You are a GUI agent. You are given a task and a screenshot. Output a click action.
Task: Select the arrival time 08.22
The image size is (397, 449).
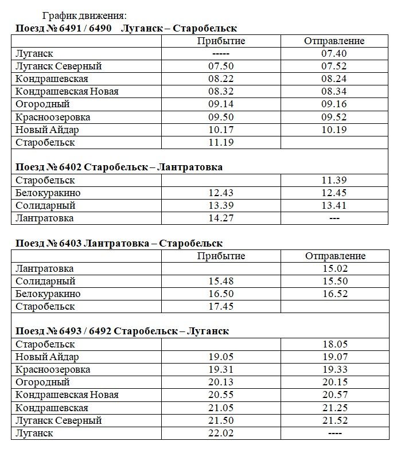[x=221, y=79]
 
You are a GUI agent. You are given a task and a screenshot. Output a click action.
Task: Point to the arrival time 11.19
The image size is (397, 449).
[x=221, y=142]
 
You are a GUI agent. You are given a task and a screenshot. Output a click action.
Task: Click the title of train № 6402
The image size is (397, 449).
[x=119, y=167]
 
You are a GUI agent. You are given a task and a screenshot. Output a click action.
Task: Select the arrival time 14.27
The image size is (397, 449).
[x=221, y=218]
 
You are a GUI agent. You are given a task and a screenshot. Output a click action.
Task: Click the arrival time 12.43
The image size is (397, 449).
[x=221, y=193]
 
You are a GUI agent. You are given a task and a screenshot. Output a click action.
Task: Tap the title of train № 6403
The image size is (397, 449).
[x=119, y=244]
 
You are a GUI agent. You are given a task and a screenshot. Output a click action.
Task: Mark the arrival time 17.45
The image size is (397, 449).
[x=221, y=306]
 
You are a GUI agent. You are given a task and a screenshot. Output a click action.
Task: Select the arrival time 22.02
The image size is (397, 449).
[x=221, y=433]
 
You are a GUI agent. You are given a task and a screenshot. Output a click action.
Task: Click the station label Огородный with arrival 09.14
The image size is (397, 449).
[x=43, y=104]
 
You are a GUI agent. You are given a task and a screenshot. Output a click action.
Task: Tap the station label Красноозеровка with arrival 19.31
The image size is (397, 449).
[x=53, y=370]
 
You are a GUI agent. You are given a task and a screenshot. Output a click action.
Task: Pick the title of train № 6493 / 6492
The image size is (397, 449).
[x=122, y=331]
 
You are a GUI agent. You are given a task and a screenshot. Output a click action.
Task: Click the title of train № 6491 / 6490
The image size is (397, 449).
[x=126, y=28]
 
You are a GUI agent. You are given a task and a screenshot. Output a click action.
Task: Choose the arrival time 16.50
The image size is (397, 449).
[x=221, y=294]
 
